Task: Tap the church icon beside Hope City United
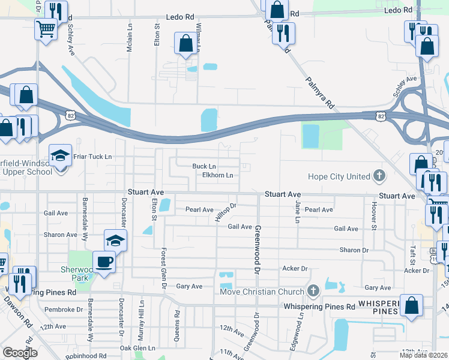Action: (x=379, y=176)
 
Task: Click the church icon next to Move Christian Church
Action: (x=312, y=292)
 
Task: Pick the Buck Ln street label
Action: (x=204, y=166)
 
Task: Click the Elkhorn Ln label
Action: (x=217, y=175)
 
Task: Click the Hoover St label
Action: (x=373, y=220)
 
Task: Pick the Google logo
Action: (x=20, y=353)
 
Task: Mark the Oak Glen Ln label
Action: (x=137, y=348)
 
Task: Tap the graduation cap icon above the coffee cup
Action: (x=115, y=241)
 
